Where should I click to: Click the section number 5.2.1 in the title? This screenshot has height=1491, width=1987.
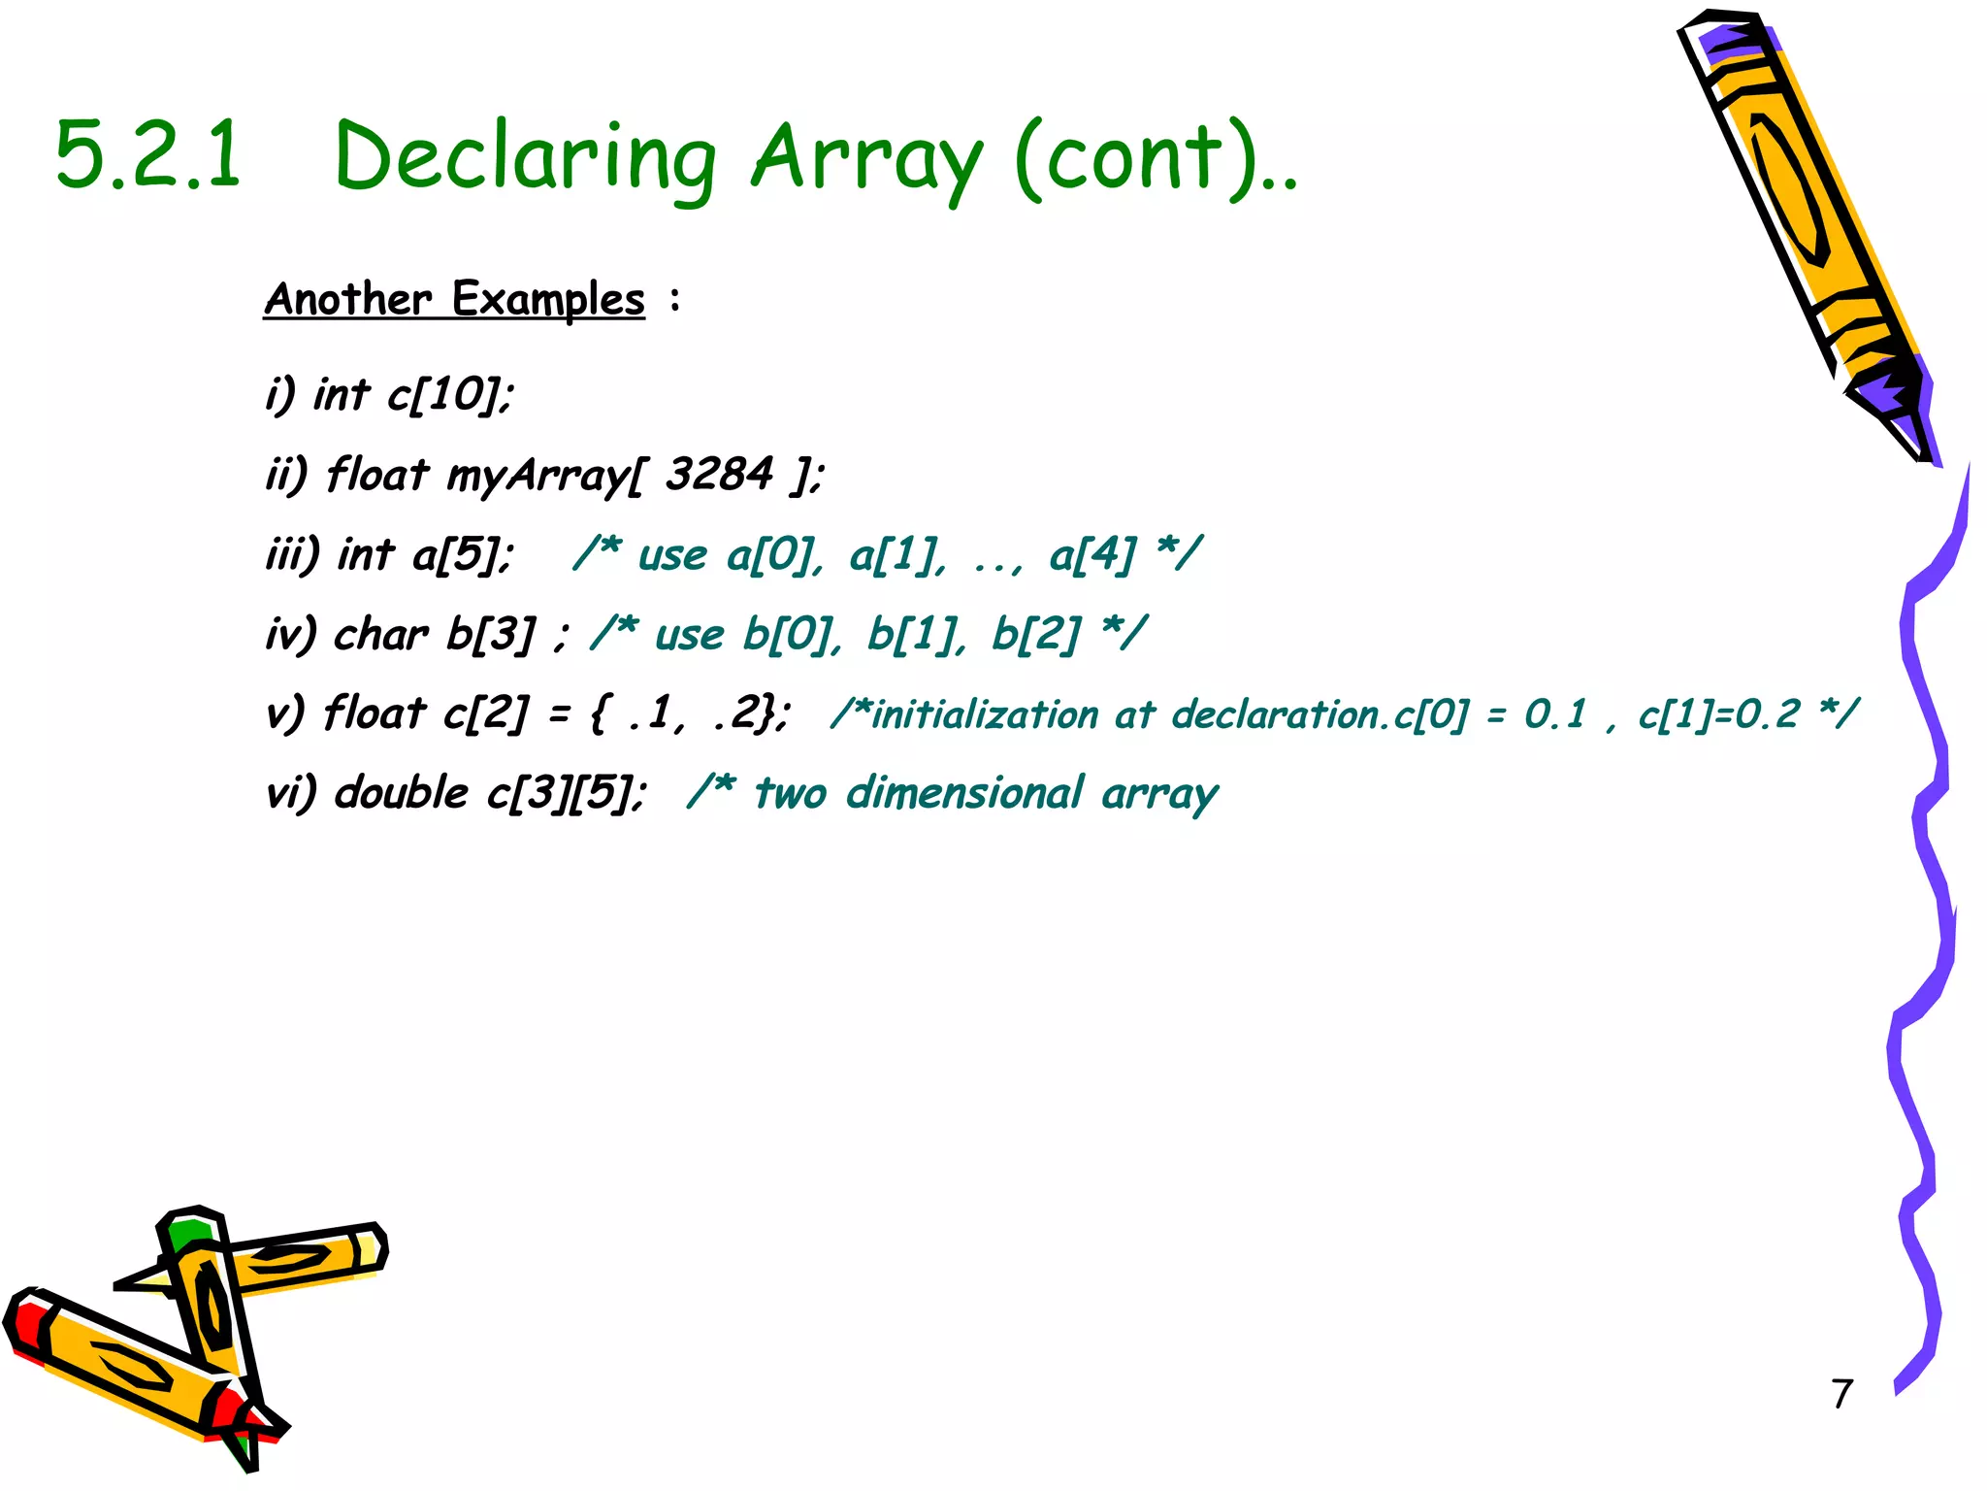147,155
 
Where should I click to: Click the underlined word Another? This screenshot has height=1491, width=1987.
347,299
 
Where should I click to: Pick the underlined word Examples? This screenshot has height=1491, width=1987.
548,299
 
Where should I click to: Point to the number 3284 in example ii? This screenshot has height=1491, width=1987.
719,475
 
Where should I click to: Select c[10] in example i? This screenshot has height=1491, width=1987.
450,394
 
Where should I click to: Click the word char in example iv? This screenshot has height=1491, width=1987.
380,635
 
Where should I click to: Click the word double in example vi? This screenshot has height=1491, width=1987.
402,793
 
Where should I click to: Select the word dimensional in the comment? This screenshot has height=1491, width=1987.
963,793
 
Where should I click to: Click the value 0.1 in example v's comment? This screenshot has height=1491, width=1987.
1555,714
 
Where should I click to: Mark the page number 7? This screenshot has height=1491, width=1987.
1842,1394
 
